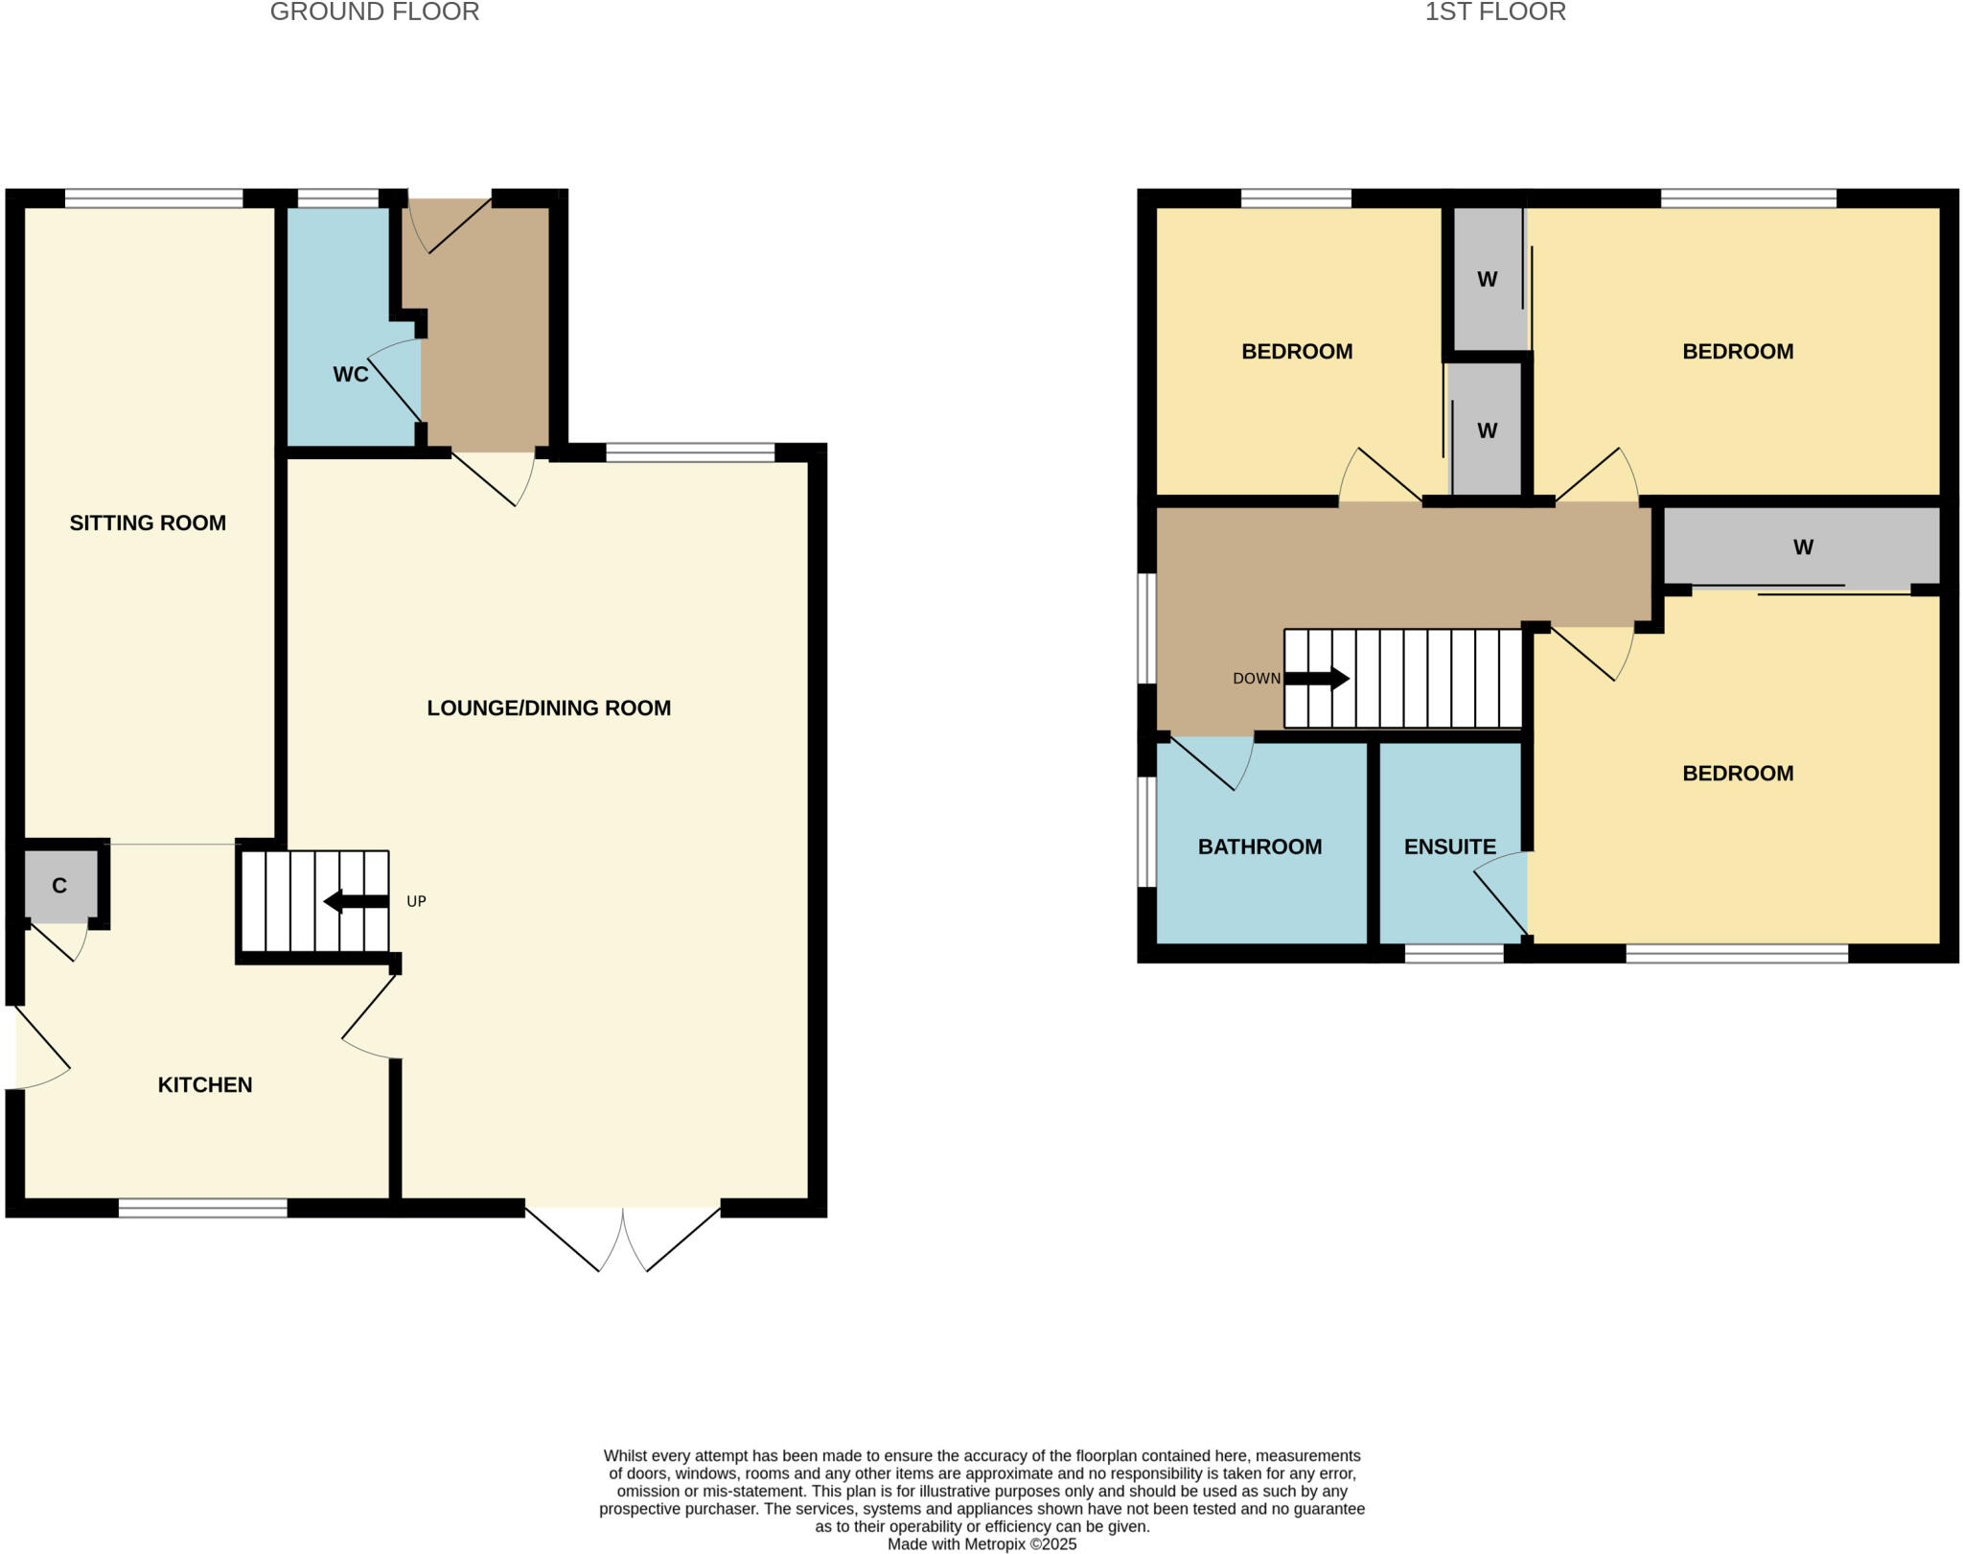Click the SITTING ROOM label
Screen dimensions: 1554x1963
pyautogui.click(x=148, y=522)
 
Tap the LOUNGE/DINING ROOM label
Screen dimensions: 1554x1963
pyautogui.click(x=548, y=707)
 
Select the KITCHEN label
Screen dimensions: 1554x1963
pyautogui.click(x=204, y=1084)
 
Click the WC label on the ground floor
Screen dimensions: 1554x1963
pyautogui.click(x=350, y=375)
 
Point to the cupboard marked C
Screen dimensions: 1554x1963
pyautogui.click(x=59, y=886)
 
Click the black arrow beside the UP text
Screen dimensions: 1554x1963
pyautogui.click(x=356, y=901)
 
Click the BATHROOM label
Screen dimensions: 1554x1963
pyautogui.click(x=1259, y=847)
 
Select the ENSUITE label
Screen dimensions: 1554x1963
pyautogui.click(x=1449, y=847)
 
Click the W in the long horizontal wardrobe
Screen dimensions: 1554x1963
pyautogui.click(x=1802, y=547)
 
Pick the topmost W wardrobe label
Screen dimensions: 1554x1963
pyautogui.click(x=1487, y=280)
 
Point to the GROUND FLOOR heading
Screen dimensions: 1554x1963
pyautogui.click(x=374, y=12)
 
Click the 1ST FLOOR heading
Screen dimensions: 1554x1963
pyautogui.click(x=1494, y=12)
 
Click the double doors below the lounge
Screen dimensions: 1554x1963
pyautogui.click(x=623, y=1237)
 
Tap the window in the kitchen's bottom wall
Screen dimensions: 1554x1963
pyautogui.click(x=202, y=1208)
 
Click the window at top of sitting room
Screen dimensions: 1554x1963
pyautogui.click(x=153, y=198)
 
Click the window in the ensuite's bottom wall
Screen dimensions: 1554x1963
pyautogui.click(x=1454, y=953)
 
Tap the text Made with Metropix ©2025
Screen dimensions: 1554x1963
pyautogui.click(x=981, y=1544)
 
